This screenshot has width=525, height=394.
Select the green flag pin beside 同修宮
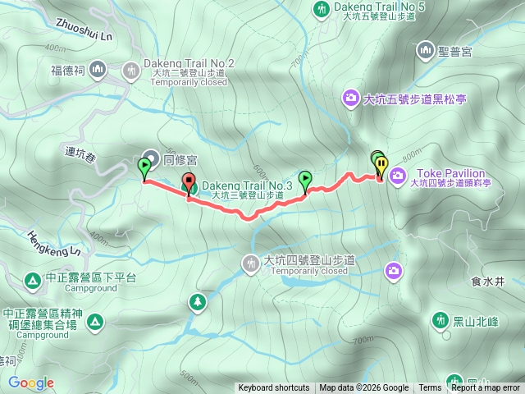(x=144, y=167)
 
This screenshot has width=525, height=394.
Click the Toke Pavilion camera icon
(x=398, y=174)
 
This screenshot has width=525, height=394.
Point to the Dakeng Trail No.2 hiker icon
(x=130, y=71)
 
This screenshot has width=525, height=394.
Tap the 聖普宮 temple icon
(x=425, y=51)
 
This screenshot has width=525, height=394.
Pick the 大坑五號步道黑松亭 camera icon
(x=350, y=99)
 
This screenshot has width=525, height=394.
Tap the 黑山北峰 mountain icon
(x=441, y=319)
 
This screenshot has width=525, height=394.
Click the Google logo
(x=30, y=383)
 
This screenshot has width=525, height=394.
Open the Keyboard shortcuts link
(x=273, y=388)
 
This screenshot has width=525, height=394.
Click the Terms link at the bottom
(x=430, y=388)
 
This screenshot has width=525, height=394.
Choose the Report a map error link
(x=486, y=388)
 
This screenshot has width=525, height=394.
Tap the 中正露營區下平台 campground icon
(x=32, y=281)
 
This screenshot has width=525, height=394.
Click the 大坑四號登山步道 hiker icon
(x=250, y=263)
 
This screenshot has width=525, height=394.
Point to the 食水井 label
(x=487, y=281)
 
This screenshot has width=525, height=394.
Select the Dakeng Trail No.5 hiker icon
(x=321, y=9)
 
